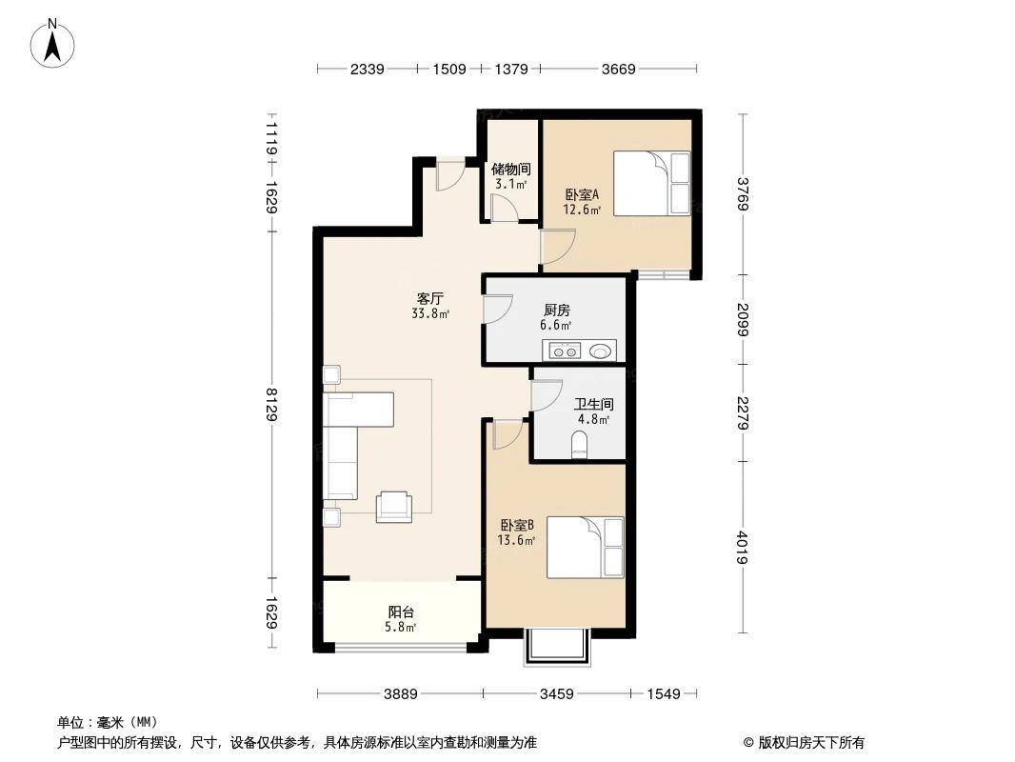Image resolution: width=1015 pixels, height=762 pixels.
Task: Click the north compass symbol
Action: (54, 43)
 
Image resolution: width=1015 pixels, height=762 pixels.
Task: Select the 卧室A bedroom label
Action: (582, 194)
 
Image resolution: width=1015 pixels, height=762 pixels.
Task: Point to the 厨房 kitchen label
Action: (557, 311)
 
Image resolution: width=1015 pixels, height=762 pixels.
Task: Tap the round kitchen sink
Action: (602, 351)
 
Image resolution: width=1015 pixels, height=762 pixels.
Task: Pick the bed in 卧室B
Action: (585, 547)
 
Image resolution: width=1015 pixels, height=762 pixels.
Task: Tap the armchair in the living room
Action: (393, 507)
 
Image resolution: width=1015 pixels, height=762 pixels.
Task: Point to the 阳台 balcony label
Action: (401, 612)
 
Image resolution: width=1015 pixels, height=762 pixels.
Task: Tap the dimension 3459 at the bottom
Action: (556, 694)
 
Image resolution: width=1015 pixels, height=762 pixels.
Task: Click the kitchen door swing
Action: (497, 311)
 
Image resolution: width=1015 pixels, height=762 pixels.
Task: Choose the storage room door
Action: (502, 209)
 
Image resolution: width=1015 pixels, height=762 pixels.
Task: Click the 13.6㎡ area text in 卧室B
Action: (516, 540)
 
